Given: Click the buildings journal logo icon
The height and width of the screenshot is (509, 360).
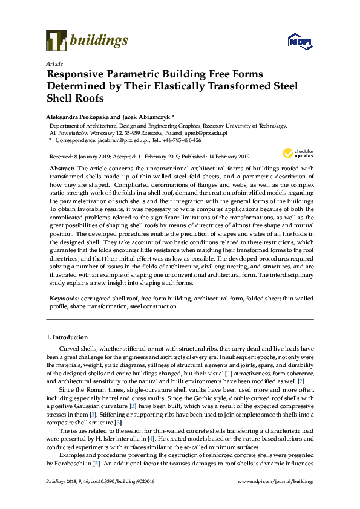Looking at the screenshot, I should tap(56, 40).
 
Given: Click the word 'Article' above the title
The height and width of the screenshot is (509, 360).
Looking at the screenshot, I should tap(53, 63).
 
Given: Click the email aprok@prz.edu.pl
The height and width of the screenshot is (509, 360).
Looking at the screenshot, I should tap(208, 132).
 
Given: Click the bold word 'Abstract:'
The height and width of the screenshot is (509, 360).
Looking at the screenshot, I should tap(62, 169).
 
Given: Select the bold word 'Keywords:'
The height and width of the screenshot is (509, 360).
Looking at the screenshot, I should tap(64, 299).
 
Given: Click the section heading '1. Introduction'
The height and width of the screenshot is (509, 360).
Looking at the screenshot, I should tap(67, 337).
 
